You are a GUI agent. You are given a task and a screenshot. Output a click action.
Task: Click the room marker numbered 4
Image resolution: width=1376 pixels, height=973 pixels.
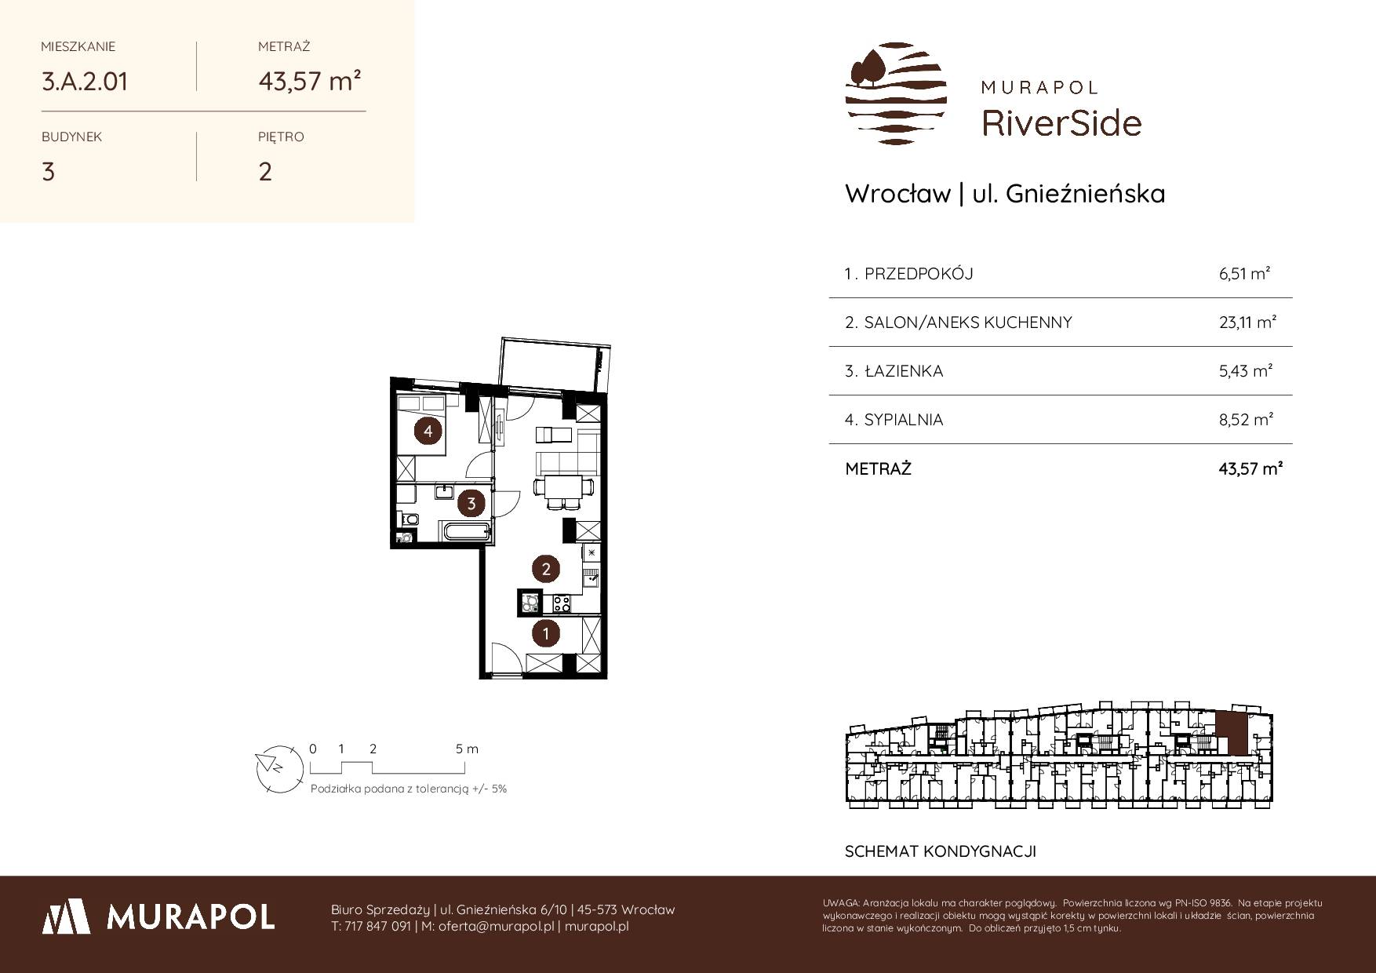click(x=428, y=431)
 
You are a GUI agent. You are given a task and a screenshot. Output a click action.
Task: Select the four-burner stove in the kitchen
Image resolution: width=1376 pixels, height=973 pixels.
click(x=562, y=604)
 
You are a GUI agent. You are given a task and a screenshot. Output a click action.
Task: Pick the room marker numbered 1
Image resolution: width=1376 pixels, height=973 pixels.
click(x=546, y=633)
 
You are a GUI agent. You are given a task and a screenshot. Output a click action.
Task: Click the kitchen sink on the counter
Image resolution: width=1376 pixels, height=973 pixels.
click(x=590, y=579)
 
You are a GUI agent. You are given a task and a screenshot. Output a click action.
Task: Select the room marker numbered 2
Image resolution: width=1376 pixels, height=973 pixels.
click(x=546, y=569)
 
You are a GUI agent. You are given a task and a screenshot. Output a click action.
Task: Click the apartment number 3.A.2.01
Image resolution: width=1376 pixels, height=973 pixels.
click(x=85, y=81)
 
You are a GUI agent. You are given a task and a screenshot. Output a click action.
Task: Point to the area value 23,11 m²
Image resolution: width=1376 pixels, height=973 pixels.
click(x=1247, y=323)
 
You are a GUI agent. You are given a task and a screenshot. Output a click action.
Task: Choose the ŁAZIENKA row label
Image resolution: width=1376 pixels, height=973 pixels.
click(x=903, y=371)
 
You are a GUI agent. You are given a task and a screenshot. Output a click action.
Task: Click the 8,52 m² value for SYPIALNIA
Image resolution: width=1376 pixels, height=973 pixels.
click(x=1246, y=420)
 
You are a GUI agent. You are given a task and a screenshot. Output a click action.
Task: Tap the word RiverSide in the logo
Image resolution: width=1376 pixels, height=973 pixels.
click(x=1061, y=122)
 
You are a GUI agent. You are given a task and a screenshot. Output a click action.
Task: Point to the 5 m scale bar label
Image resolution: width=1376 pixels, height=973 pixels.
click(x=467, y=749)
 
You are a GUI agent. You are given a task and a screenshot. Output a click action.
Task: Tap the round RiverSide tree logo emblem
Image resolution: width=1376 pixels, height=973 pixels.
click(x=896, y=93)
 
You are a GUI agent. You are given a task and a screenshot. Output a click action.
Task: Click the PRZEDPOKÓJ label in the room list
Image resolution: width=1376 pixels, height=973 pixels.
click(x=919, y=274)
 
